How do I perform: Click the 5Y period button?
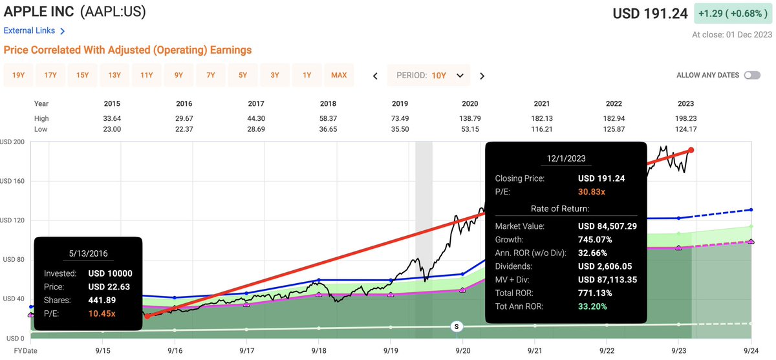coord(243,75)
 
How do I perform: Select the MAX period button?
coord(339,75)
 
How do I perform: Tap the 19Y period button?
coord(19,75)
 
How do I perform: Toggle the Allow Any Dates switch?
coord(752,75)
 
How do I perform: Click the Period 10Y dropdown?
coord(429,75)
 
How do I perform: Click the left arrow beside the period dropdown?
coord(375,76)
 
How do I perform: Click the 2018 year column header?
coord(328,103)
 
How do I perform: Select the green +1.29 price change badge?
coord(731,13)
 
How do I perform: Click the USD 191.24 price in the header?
coord(650,14)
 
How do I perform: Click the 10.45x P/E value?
coord(102,313)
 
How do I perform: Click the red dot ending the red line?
coord(691,150)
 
